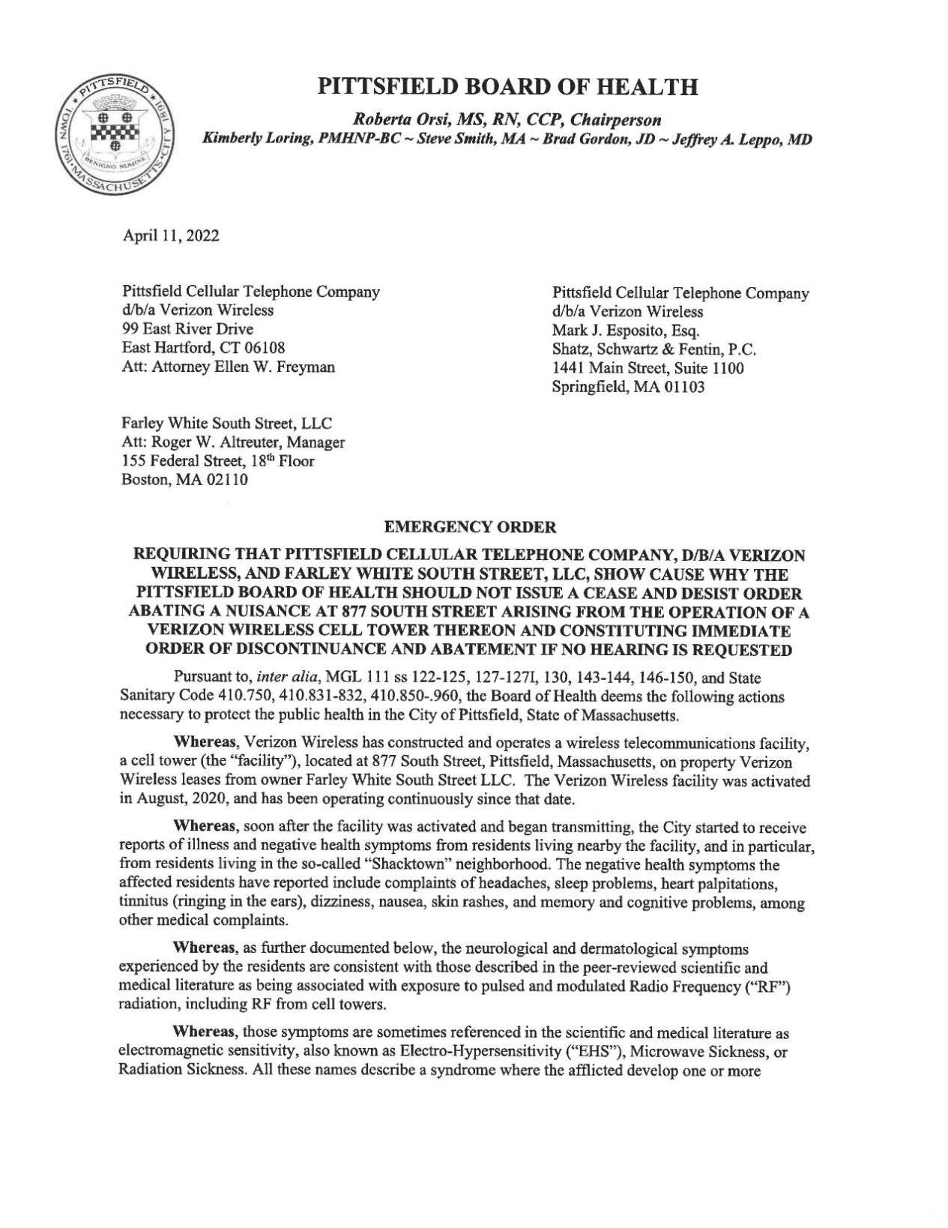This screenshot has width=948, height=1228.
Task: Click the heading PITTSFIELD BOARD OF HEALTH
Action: point(508,87)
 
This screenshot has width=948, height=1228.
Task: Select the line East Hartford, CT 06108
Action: point(202,348)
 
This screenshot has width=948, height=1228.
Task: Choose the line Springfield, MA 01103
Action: point(627,388)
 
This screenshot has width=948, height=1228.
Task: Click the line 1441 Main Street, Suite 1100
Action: point(647,368)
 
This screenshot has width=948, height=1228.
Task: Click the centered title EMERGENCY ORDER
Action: point(470,527)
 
